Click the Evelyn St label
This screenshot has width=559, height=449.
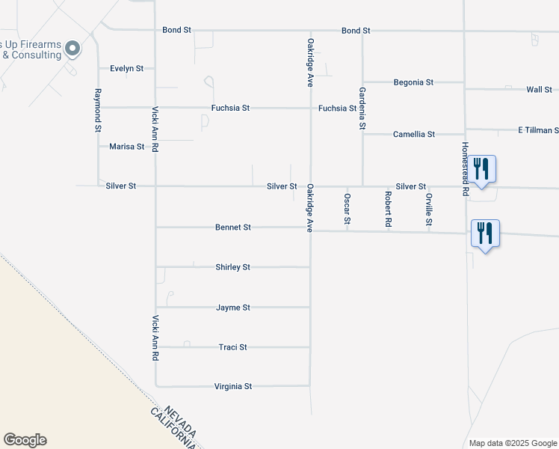(x=126, y=68)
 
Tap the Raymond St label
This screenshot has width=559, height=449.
(x=97, y=110)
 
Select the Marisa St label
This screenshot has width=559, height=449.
(x=127, y=147)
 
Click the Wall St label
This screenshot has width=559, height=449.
(x=539, y=90)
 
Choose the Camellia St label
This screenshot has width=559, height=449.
(x=414, y=135)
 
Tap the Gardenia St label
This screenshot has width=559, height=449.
(x=362, y=109)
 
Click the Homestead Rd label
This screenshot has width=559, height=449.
(x=465, y=169)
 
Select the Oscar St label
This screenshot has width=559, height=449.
(x=348, y=209)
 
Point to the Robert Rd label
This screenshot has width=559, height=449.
(x=389, y=209)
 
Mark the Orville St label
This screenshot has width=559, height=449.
(x=429, y=210)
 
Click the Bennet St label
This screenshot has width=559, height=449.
(x=233, y=227)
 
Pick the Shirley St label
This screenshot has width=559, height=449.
(x=233, y=267)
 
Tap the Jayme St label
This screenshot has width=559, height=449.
(x=233, y=308)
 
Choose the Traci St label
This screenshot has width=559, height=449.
(x=233, y=347)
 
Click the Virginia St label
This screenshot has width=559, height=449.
(x=233, y=387)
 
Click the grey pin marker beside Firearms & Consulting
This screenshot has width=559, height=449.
(x=72, y=49)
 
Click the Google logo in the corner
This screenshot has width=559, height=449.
(x=25, y=440)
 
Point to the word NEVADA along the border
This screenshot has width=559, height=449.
(x=182, y=421)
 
